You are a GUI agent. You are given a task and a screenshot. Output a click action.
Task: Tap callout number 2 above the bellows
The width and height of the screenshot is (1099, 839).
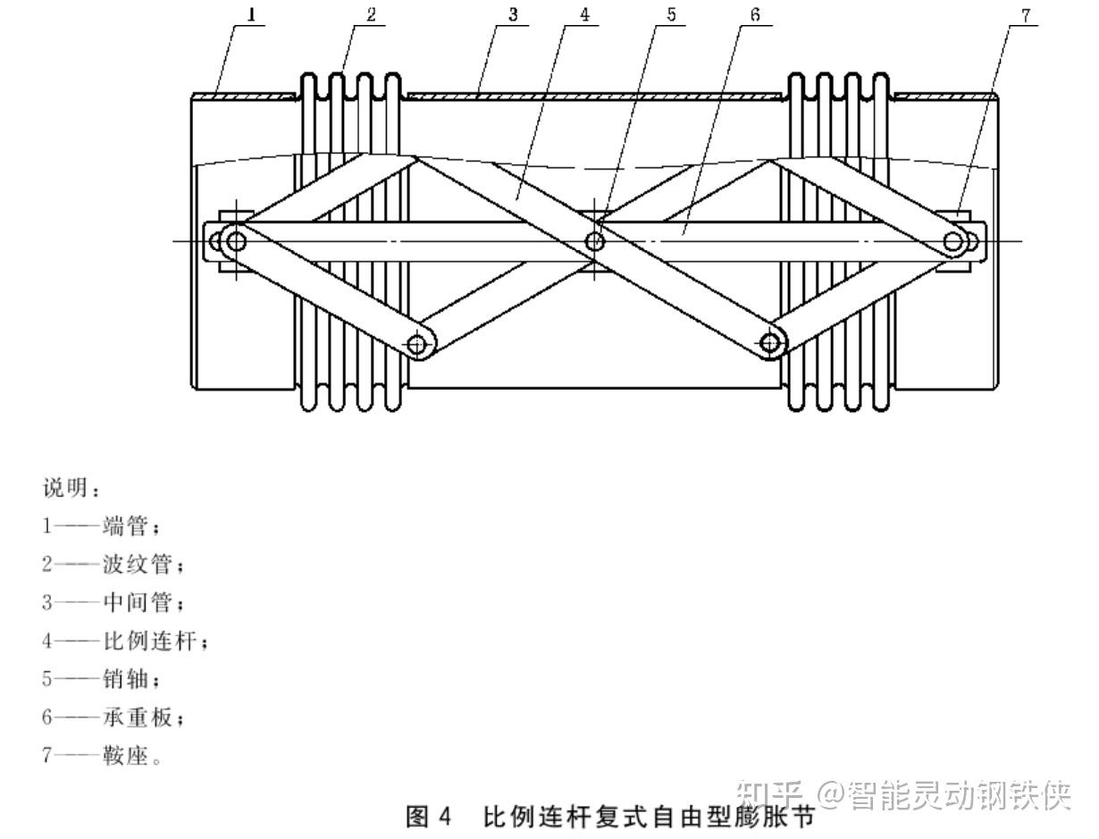[371, 14]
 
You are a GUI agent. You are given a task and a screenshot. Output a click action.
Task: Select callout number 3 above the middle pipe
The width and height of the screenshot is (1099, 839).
[513, 14]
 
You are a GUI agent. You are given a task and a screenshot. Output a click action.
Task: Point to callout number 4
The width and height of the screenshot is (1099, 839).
[584, 14]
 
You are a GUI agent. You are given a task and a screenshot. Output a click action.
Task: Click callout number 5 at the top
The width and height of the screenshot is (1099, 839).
[671, 14]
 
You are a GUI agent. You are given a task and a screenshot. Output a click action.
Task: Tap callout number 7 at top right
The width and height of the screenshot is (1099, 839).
[1025, 14]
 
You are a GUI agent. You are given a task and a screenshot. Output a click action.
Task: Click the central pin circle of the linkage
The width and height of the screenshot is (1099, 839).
[595, 240]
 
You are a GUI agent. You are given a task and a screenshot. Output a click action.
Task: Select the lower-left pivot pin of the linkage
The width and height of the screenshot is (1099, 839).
[416, 343]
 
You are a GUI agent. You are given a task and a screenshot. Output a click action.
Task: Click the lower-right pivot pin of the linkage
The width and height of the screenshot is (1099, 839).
[770, 342]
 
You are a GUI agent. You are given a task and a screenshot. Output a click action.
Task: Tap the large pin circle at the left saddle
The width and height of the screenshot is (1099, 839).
[236, 240]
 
